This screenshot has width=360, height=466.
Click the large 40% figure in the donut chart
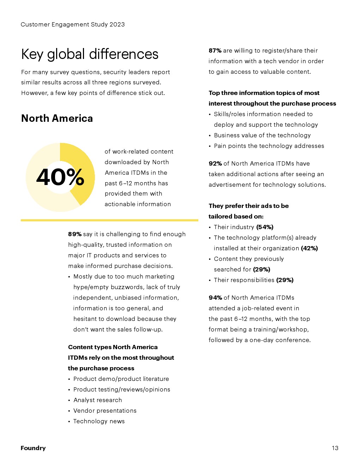(x=60, y=177)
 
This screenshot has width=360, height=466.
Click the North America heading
(x=57, y=118)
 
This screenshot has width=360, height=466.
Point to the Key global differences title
(x=90, y=54)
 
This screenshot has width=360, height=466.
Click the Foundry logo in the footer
(x=33, y=448)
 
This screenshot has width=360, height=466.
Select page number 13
(x=335, y=448)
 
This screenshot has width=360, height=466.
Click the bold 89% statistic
(x=74, y=234)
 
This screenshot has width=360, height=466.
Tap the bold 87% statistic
(x=215, y=50)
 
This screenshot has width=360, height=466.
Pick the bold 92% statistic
(x=215, y=163)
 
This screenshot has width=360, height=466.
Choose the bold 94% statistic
(x=215, y=298)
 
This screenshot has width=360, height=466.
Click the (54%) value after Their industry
(x=265, y=227)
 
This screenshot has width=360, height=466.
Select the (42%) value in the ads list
(x=309, y=248)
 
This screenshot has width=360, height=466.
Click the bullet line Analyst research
(x=97, y=400)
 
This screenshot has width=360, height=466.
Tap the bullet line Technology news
(x=99, y=421)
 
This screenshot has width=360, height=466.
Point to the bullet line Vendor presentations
(x=105, y=411)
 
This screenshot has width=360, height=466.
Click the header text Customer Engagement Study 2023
(x=73, y=24)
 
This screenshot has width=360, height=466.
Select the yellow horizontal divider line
(x=109, y=220)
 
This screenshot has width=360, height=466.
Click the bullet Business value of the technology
(x=262, y=135)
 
